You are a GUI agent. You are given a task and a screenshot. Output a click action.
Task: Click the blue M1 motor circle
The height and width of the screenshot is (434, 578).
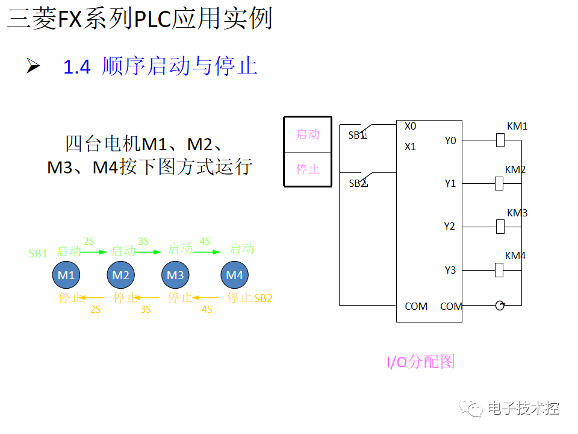tap(66, 275)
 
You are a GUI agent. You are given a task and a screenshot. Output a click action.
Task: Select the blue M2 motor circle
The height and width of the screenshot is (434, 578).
tap(121, 275)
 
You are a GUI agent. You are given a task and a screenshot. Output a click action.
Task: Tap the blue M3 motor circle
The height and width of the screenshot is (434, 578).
tap(175, 275)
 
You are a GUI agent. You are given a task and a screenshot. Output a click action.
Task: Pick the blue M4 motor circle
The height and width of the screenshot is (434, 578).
tap(234, 275)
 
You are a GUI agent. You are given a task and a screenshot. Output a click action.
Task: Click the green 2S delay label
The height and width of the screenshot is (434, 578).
tap(89, 241)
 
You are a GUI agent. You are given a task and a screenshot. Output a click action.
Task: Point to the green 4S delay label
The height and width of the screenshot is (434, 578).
tap(205, 241)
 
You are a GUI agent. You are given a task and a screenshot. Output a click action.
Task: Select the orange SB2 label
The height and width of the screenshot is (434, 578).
tap(263, 298)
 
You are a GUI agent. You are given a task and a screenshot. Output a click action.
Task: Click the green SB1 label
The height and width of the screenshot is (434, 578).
tap(38, 254)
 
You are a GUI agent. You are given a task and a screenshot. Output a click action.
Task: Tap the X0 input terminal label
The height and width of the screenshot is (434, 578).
tap(410, 126)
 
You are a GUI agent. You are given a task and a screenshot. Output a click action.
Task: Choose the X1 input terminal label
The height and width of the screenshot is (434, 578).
tap(410, 146)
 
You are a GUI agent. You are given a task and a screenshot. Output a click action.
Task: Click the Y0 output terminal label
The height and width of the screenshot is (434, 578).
tap(450, 140)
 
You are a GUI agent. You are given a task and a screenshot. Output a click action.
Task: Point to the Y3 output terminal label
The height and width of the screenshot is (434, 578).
tap(450, 270)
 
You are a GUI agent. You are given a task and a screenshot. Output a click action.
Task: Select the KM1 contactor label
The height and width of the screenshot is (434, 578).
tap(517, 126)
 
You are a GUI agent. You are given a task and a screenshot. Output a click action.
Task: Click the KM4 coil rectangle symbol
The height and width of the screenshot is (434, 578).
tap(499, 270)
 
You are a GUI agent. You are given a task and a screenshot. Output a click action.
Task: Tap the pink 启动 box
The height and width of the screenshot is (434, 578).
tap(308, 134)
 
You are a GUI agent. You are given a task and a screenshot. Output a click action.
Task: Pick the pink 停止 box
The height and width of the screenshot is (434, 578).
tap(308, 169)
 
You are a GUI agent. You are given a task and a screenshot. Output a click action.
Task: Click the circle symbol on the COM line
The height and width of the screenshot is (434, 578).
tap(500, 306)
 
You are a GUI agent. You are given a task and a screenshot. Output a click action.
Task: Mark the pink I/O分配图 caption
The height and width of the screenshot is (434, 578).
tap(420, 362)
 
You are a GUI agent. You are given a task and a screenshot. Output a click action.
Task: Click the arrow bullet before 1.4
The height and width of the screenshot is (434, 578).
tap(33, 66)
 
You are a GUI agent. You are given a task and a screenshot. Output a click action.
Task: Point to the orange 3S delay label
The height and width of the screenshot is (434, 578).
tap(145, 309)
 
